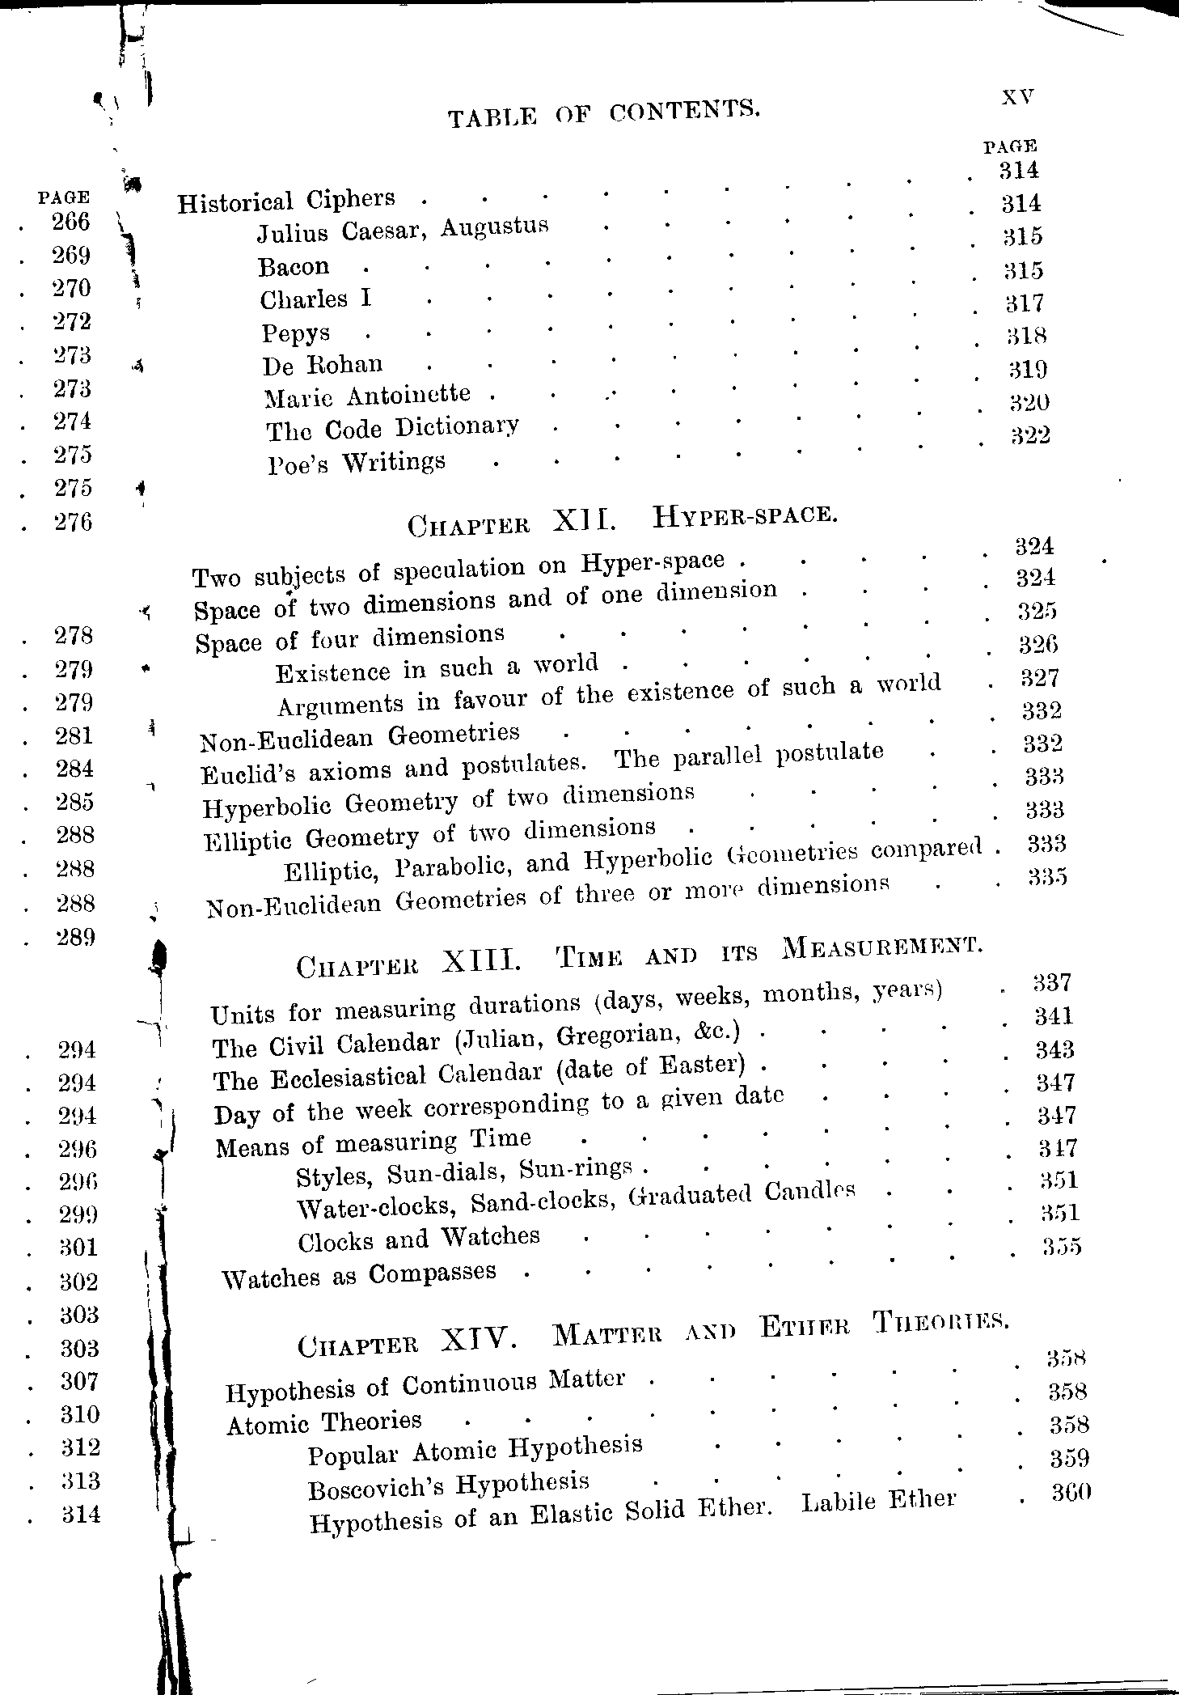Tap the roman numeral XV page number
(1018, 96)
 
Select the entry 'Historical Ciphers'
(286, 201)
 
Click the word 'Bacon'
(294, 266)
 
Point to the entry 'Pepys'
(295, 333)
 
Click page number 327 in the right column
(1040, 677)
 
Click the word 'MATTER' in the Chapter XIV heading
(606, 1335)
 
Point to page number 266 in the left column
(70, 222)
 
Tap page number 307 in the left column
(79, 1381)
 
